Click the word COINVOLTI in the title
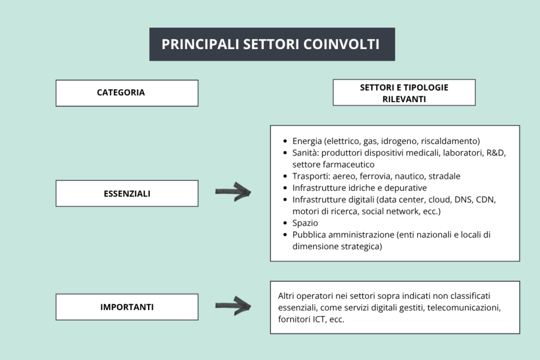[341, 44]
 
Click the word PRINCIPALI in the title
[200, 44]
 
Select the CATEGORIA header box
[127, 93]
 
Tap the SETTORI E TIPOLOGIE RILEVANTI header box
[404, 93]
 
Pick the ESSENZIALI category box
[127, 193]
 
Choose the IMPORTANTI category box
[127, 307]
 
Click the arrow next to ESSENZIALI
[233, 192]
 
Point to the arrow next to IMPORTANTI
[233, 306]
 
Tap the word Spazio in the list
[305, 223]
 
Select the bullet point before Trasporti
[285, 176]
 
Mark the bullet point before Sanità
[285, 153]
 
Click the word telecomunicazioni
[464, 308]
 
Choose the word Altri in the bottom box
[286, 296]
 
